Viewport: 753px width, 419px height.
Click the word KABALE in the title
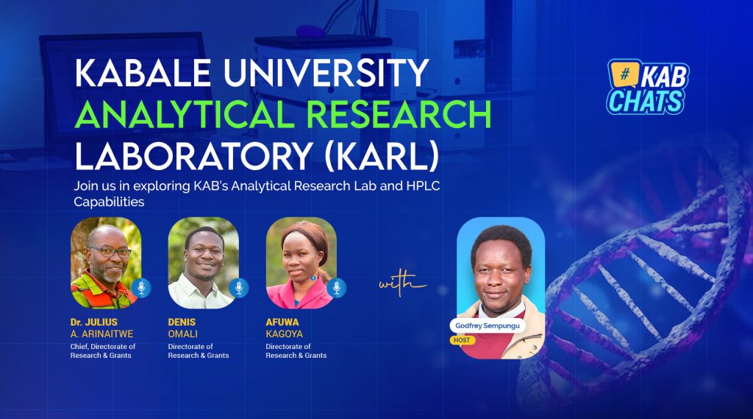click(x=143, y=73)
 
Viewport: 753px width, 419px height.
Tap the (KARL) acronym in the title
click(x=382, y=156)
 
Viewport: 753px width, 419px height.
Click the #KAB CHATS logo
click(x=647, y=87)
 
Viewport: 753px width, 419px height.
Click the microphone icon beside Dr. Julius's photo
click(x=141, y=288)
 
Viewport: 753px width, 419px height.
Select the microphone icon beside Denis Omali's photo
click(x=239, y=288)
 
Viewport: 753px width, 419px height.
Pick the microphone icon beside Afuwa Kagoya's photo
click(x=336, y=288)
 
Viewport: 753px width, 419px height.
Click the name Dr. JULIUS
click(x=93, y=323)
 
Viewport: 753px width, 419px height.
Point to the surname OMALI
click(x=182, y=334)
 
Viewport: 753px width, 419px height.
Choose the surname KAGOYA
click(x=285, y=334)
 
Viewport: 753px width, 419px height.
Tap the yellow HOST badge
click(x=462, y=340)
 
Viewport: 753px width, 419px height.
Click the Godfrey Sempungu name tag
click(x=488, y=325)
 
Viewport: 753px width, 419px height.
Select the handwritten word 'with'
click(x=402, y=283)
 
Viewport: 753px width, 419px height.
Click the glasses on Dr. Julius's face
click(x=110, y=252)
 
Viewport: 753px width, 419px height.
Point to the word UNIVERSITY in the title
click(x=326, y=73)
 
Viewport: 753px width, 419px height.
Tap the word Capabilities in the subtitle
click(x=109, y=202)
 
